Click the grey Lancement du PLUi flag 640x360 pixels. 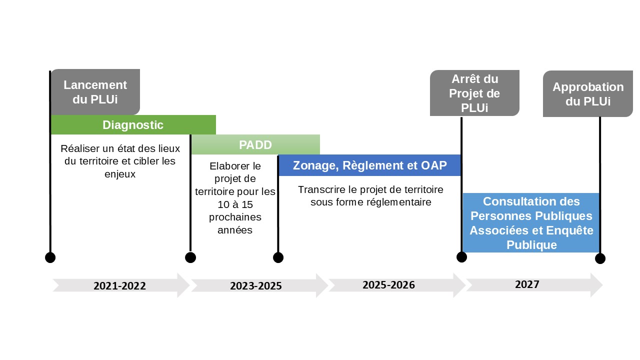[95, 92]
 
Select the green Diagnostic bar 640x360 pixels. [133, 125]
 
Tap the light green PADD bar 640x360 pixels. [255, 144]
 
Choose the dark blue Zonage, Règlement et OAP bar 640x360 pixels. [369, 165]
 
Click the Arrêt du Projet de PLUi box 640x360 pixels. [474, 93]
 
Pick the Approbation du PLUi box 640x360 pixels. [587, 93]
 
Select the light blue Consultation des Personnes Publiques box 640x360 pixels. [531, 223]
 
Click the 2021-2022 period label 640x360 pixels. [119, 285]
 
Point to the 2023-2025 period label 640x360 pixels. [256, 285]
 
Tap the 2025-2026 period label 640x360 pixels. [388, 285]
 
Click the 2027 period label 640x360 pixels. [527, 284]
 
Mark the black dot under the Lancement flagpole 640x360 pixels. [50, 257]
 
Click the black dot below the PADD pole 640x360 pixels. [190, 257]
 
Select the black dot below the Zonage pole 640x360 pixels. [278, 257]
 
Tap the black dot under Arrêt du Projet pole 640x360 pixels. [461, 257]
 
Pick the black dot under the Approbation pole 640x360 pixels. [600, 258]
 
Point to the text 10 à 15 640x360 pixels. [235, 204]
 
